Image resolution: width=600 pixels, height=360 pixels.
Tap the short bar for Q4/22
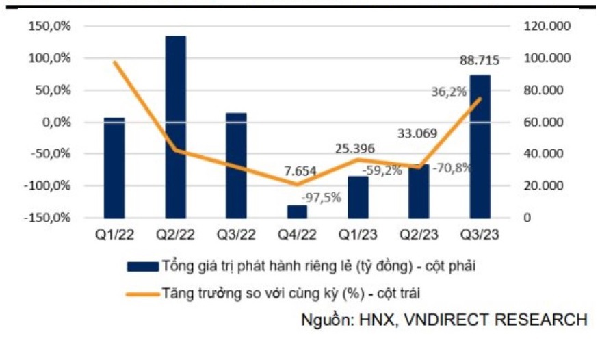pyautogui.click(x=297, y=211)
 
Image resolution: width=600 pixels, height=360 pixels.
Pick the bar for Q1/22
pyautogui.click(x=114, y=168)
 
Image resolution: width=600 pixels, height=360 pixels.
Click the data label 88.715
pyautogui.click(x=480, y=61)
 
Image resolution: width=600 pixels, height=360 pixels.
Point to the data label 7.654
pyautogui.click(x=296, y=172)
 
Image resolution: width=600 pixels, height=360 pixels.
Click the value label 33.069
pyautogui.click(x=418, y=134)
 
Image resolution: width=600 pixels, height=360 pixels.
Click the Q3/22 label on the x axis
pyautogui.click(x=236, y=234)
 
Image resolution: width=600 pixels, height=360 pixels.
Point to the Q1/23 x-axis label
pyautogui.click(x=358, y=234)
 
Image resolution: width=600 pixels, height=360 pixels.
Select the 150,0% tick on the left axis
pyautogui.click(x=50, y=26)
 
